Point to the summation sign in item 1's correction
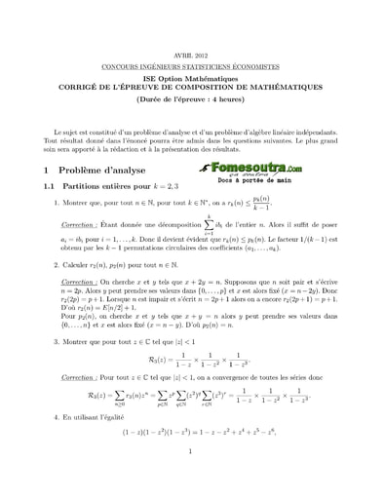[207, 225]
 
